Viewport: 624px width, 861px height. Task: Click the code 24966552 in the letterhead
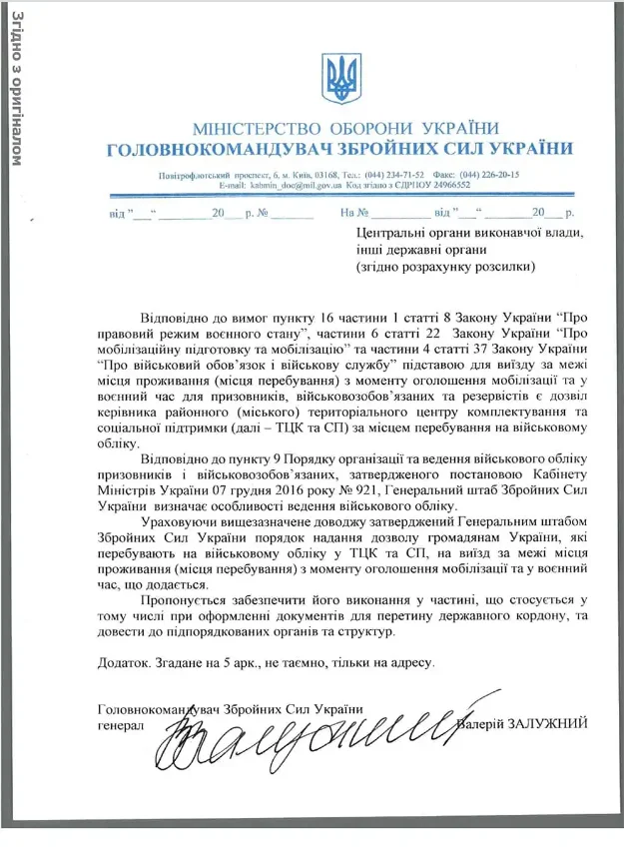(x=439, y=186)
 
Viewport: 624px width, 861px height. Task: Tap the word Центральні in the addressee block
(x=390, y=232)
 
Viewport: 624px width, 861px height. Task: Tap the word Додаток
(x=127, y=661)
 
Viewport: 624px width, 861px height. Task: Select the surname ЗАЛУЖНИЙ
(x=549, y=722)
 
